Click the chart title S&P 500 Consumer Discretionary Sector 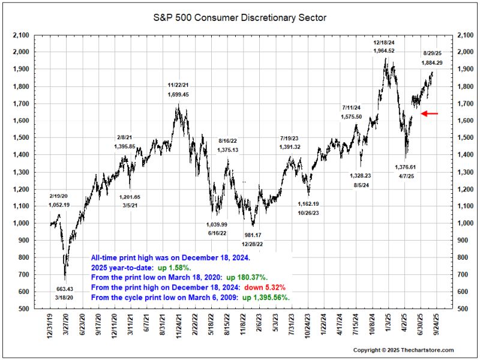click(240, 18)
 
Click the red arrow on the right click(430, 113)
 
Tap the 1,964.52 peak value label click(383, 51)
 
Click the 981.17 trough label click(252, 235)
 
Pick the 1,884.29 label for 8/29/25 click(432, 62)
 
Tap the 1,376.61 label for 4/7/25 click(405, 167)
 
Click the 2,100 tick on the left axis click(20, 35)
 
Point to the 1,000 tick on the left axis click(20, 223)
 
